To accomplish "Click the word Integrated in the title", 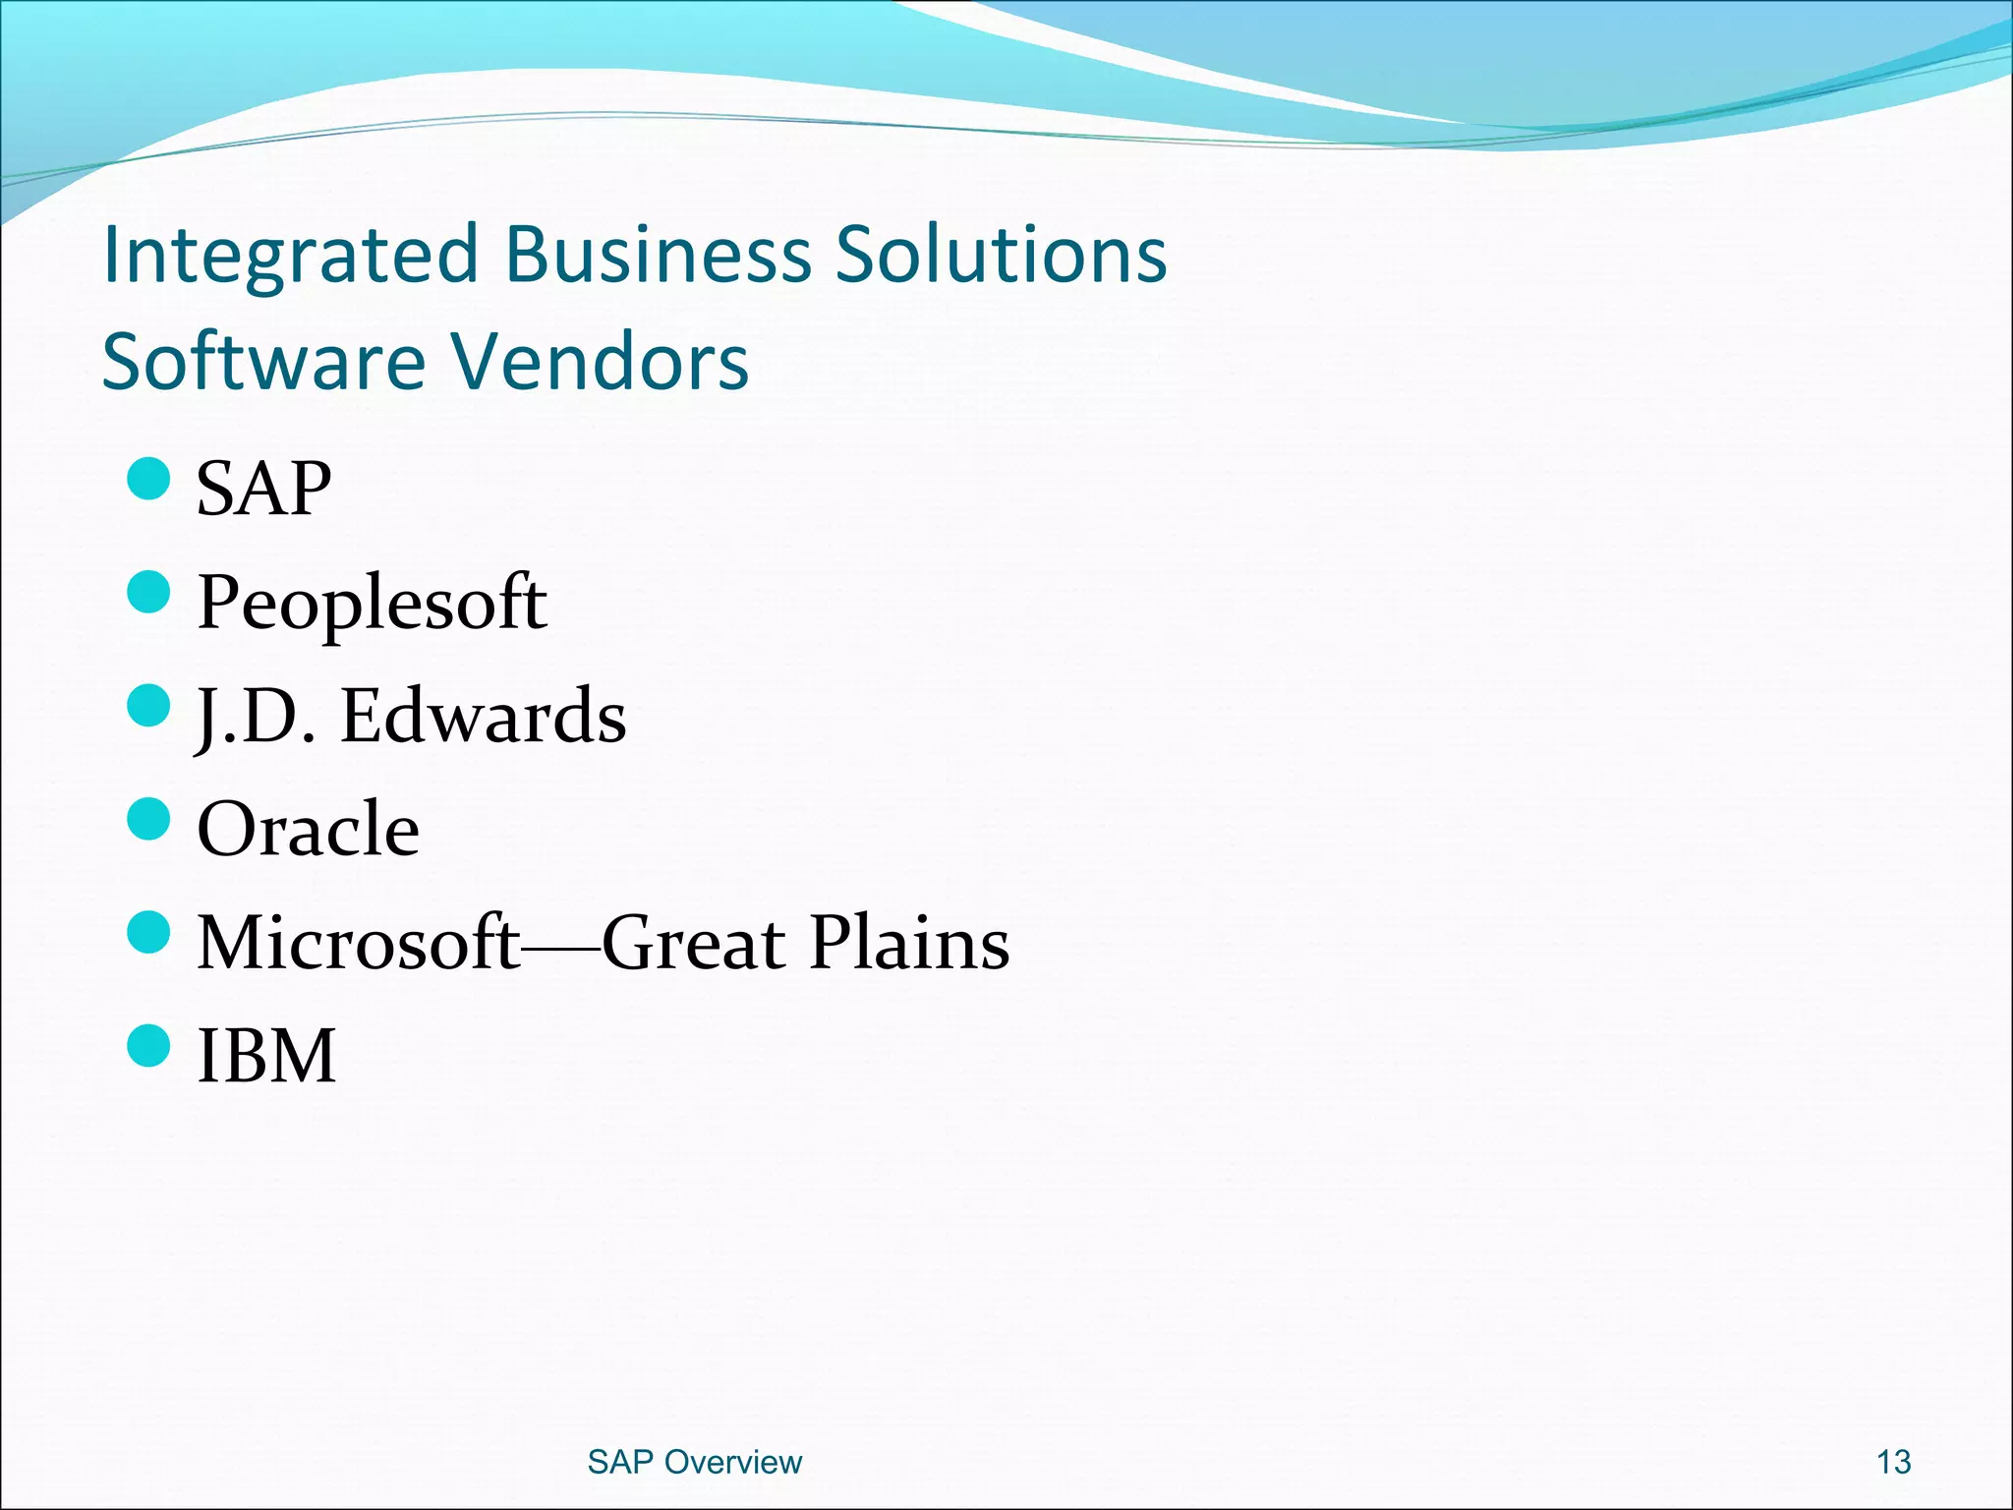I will pos(290,256).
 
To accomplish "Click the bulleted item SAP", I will pos(263,490).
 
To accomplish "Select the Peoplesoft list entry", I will pos(372,602).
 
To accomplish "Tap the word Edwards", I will pos(483,716).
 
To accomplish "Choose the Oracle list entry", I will pos(308,829).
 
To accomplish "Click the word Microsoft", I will pos(358,943).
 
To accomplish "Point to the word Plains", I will pos(909,943).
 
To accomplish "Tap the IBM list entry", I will pos(266,1056).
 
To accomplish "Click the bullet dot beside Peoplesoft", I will pos(149,593).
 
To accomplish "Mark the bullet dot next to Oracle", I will pos(149,819).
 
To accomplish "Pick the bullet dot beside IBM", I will pos(149,1045).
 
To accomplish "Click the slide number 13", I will pos(1893,1462).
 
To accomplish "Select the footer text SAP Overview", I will pos(694,1462).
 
